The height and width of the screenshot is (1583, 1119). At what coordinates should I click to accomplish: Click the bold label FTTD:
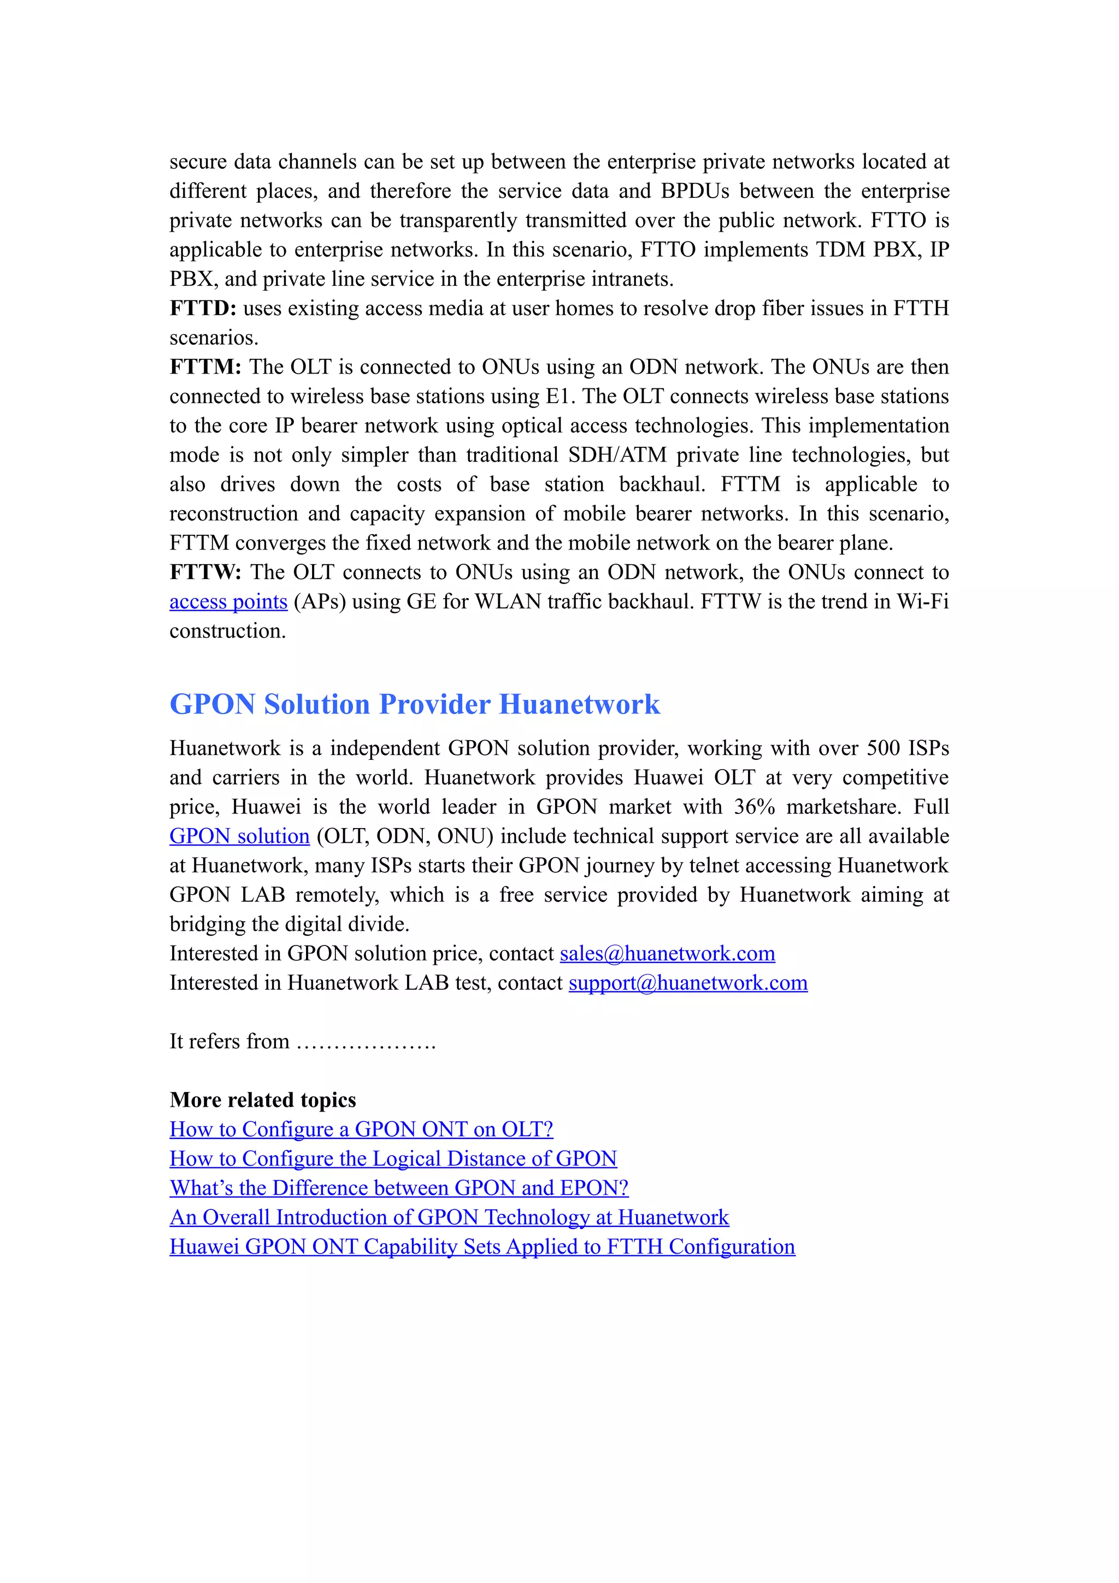click(x=203, y=308)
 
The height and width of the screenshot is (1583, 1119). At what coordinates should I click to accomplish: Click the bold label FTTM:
click(x=205, y=367)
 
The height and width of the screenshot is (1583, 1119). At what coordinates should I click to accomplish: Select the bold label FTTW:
click(x=205, y=572)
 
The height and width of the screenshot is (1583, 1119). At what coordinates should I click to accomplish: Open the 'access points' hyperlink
click(x=228, y=602)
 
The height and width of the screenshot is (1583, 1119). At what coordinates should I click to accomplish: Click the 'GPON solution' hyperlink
click(x=239, y=836)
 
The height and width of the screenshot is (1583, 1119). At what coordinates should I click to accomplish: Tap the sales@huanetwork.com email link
click(x=667, y=954)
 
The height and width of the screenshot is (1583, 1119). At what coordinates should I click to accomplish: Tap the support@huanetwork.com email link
click(x=687, y=983)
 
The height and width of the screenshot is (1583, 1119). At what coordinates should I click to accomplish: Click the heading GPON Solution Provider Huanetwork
click(x=414, y=705)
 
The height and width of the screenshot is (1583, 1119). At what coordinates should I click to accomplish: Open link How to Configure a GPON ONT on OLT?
click(x=361, y=1129)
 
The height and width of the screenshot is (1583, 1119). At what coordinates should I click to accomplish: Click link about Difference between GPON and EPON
click(x=398, y=1188)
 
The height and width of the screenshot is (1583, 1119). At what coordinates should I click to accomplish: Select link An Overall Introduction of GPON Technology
click(x=449, y=1218)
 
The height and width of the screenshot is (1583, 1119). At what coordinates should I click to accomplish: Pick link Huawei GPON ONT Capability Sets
click(x=482, y=1247)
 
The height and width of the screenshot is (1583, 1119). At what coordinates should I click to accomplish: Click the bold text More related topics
click(x=263, y=1100)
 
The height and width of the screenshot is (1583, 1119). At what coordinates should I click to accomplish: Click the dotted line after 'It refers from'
click(x=366, y=1042)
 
